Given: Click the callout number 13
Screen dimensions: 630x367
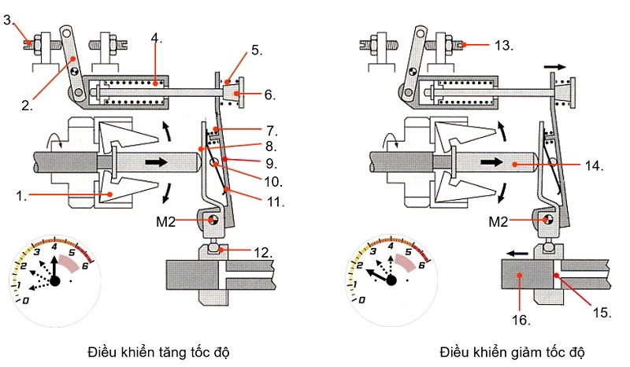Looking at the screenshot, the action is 503,45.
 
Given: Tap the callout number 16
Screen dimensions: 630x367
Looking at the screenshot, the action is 521,320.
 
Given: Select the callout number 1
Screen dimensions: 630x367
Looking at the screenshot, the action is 21,196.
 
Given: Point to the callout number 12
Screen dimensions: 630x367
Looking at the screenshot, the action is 263,253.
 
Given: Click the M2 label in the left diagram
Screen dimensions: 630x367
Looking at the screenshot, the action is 165,221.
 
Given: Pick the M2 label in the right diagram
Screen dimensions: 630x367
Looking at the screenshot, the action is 498,221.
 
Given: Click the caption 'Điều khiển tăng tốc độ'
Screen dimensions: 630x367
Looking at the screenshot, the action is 159,352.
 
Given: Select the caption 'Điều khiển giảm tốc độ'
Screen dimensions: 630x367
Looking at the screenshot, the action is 513,352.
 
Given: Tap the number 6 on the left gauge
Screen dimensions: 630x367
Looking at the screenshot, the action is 85,265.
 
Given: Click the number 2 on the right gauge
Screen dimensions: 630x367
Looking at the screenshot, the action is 359,265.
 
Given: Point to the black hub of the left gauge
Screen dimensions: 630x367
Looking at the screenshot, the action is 55,280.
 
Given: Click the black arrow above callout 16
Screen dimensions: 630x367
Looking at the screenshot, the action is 517,254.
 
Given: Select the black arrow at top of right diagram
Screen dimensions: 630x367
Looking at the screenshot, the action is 555,67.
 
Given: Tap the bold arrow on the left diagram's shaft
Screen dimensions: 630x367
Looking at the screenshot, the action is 156,162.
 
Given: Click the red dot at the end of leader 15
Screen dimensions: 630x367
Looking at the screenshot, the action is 557,276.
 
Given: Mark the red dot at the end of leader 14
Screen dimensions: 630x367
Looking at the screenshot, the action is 514,165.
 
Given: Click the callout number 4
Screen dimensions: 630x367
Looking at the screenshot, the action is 156,39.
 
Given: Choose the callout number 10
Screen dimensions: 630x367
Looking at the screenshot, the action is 272,182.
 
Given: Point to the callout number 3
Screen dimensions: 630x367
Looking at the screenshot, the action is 9,20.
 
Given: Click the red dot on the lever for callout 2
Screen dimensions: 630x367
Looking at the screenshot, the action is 73,59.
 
